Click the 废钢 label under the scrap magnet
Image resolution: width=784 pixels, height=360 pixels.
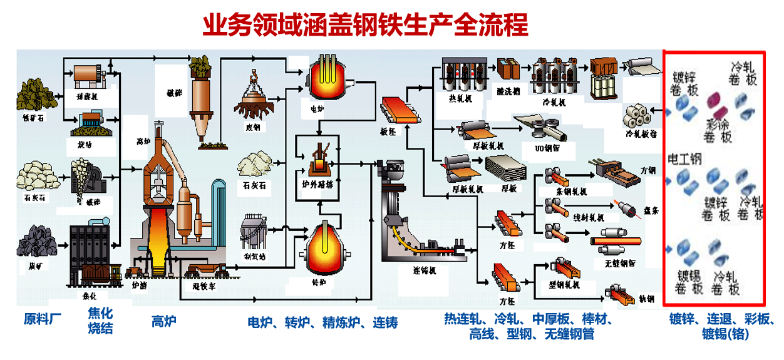(252, 128)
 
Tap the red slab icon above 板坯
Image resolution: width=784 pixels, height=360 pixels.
(400, 109)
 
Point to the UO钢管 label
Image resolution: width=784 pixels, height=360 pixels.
(545, 148)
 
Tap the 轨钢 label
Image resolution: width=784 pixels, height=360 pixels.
(646, 299)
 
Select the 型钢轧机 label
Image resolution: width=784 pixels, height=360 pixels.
(564, 285)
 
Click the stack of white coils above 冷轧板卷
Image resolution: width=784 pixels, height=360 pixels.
(638, 115)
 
